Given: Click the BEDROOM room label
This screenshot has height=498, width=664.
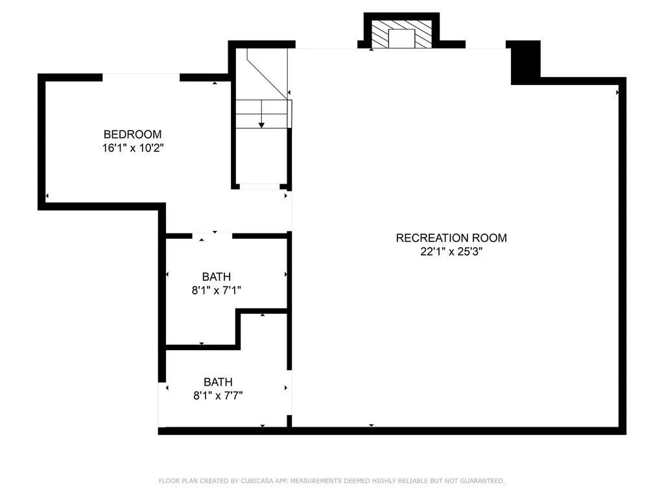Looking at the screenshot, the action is pos(132,134).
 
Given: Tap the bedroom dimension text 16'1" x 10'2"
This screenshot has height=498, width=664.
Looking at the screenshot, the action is pos(133,148).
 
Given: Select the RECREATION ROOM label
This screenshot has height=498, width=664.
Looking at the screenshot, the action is pos(451,238).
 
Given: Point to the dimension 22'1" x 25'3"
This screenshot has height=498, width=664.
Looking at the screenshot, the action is pos(451,252).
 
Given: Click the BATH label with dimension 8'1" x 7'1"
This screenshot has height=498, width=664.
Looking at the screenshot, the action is pos(217,276).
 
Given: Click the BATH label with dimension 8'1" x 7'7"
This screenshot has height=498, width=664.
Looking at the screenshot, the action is pos(218,382).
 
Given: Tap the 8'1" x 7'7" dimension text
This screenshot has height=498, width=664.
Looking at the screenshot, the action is pos(218,396).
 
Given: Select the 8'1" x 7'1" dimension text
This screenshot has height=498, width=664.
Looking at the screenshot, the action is pos(217,290).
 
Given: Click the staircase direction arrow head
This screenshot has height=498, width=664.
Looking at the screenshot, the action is pos(262,125).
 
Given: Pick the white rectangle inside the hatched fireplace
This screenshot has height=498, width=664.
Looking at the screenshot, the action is pos(401,38).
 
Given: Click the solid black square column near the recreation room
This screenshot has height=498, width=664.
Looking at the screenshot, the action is pos(525,63).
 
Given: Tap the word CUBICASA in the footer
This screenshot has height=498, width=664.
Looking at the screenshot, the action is pos(257,480).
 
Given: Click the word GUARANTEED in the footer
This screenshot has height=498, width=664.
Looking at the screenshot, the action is pos(482,480).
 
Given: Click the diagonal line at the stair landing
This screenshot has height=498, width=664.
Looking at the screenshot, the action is pos(268,74).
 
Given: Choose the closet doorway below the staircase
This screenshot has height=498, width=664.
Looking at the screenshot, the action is pos(259,186).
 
